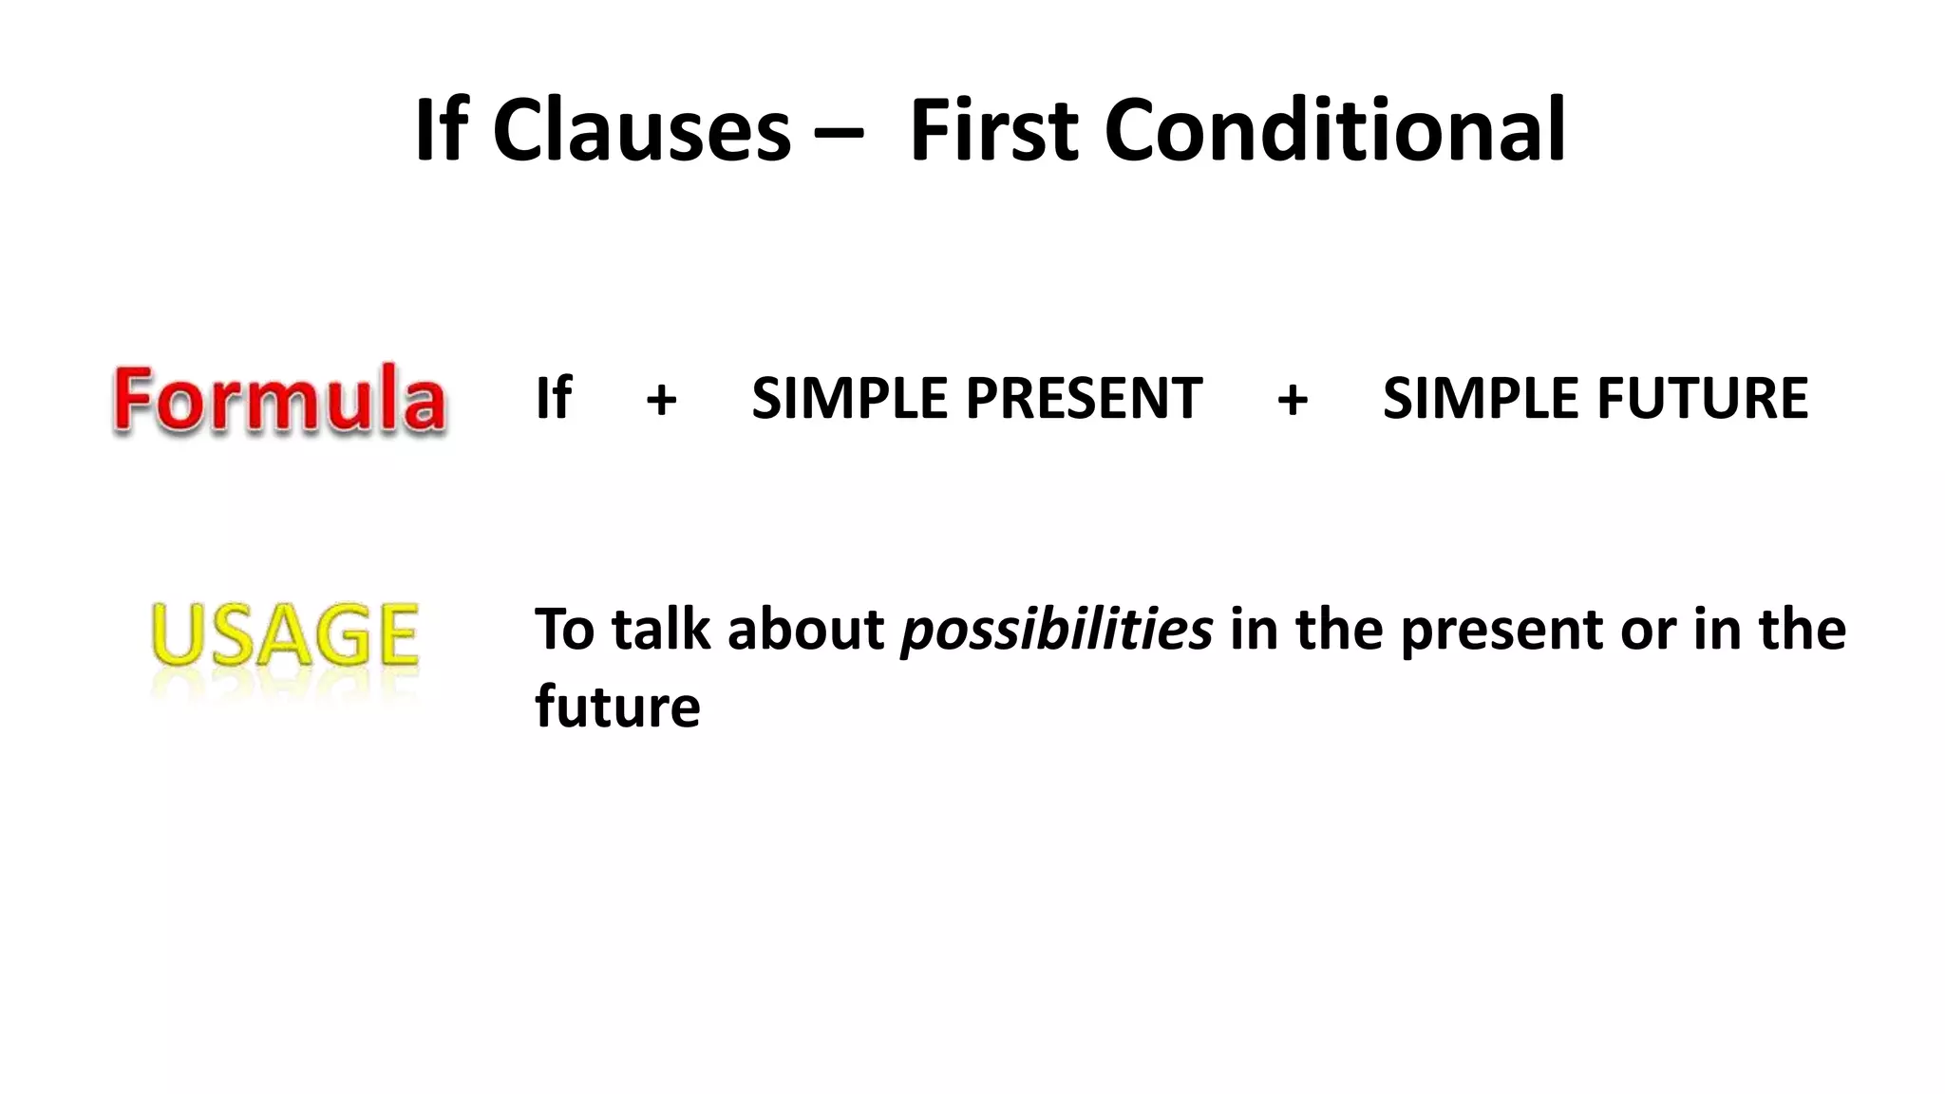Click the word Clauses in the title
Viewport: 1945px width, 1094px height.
pos(641,130)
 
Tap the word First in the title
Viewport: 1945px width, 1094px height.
pos(992,130)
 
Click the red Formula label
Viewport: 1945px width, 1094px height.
pos(278,400)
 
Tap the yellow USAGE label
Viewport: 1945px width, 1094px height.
pos(284,634)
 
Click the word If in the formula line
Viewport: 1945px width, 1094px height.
pos(554,398)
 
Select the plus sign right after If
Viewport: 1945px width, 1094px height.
pos(661,400)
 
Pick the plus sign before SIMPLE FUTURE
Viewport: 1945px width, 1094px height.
pos(1293,400)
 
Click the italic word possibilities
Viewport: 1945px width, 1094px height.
pos(1056,631)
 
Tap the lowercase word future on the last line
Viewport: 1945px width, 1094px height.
pos(617,707)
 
